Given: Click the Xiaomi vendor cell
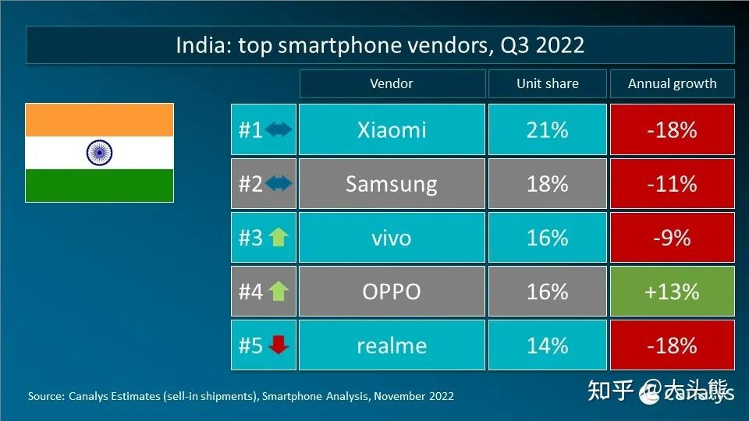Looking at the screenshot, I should [392, 129].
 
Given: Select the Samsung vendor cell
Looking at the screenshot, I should [392, 184].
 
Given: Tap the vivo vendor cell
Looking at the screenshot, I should [392, 238].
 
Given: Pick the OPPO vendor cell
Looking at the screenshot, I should [392, 292].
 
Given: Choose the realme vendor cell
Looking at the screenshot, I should [392, 345].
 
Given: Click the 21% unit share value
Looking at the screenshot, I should [547, 129].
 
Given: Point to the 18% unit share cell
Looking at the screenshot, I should [547, 184].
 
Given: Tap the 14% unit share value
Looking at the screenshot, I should [547, 345].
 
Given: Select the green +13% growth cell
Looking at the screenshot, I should [672, 292].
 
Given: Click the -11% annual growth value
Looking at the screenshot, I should [672, 184].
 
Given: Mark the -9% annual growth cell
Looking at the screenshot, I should [672, 238].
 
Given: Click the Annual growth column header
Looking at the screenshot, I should [672, 83].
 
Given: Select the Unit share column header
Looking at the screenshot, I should [547, 83].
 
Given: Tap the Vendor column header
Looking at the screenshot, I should [392, 83].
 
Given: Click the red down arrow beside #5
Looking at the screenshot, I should [279, 345].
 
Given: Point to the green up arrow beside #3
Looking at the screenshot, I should [279, 238].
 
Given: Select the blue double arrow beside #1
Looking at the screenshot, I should [279, 129].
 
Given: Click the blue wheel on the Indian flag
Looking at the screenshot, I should [99, 152].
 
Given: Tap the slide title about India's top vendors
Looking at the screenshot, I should [380, 45].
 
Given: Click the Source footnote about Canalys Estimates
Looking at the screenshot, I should [240, 396].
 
